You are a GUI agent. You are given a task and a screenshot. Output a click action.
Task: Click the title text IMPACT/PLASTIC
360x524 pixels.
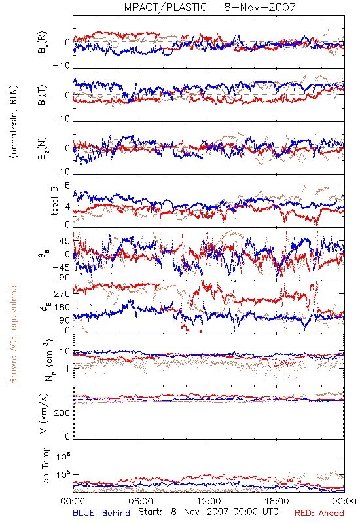pyautogui.click(x=164, y=7)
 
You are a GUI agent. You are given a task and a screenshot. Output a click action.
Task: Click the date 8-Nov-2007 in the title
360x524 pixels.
pyautogui.click(x=260, y=7)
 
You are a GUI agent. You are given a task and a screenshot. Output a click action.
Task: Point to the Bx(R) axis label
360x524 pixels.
pyautogui.click(x=43, y=43)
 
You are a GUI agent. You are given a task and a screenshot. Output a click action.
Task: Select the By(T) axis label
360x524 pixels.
pyautogui.click(x=43, y=95)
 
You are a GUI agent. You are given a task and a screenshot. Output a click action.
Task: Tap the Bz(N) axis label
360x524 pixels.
pyautogui.click(x=43, y=148)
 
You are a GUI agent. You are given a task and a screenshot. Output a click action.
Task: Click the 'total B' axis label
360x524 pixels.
pyautogui.click(x=54, y=201)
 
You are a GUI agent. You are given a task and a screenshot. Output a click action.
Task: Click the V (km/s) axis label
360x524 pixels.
pyautogui.click(x=44, y=413)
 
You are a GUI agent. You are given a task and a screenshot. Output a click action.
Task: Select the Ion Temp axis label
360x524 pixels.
pyautogui.click(x=45, y=466)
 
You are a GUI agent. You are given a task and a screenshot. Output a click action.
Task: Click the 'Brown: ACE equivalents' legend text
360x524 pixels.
pyautogui.click(x=13, y=333)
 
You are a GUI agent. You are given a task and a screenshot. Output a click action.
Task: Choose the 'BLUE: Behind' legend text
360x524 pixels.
pyautogui.click(x=101, y=513)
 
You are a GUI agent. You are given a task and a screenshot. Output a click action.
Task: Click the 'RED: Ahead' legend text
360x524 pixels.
pyautogui.click(x=319, y=513)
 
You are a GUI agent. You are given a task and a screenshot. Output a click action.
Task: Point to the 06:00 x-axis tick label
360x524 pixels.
pyautogui.click(x=141, y=501)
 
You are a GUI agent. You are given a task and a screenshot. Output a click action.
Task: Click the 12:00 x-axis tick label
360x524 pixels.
pyautogui.click(x=209, y=501)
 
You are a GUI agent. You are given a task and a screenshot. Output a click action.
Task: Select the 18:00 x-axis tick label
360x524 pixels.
pyautogui.click(x=277, y=501)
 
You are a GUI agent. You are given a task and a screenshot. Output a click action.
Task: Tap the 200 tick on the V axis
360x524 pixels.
pyautogui.click(x=62, y=413)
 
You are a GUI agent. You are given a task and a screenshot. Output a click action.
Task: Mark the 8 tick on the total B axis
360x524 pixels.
pyautogui.click(x=67, y=186)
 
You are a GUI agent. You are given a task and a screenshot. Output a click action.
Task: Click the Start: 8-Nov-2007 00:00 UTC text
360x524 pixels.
pyautogui.click(x=208, y=512)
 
